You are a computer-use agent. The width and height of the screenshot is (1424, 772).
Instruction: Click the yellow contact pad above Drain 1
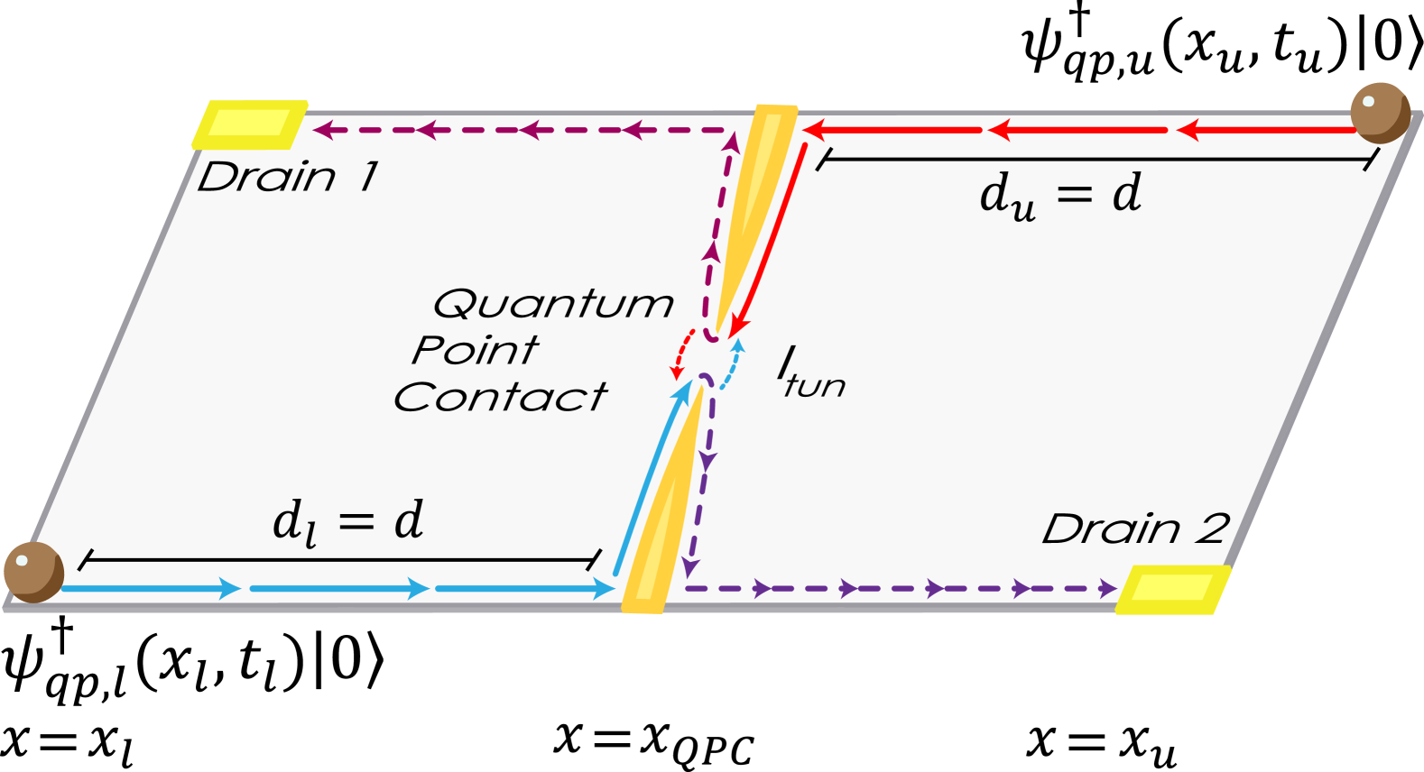[x=250, y=124]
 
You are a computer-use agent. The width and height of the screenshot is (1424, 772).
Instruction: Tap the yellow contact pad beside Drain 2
[x=1172, y=589]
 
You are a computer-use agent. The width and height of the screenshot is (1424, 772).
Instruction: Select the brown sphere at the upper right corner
[x=1380, y=112]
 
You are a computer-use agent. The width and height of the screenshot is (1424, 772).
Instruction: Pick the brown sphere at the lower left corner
[x=33, y=572]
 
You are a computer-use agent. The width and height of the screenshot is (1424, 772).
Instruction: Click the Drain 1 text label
[x=288, y=177]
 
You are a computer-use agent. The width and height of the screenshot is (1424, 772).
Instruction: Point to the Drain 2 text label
[x=1135, y=528]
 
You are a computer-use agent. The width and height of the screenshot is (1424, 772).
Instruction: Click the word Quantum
[x=553, y=304]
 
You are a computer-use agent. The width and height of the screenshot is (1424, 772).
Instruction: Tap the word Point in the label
[x=476, y=350]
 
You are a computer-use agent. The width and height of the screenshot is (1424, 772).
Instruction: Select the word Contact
[x=501, y=397]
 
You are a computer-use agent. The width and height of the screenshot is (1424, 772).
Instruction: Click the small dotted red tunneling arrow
[x=681, y=354]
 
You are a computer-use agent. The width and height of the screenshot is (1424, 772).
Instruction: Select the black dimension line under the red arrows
[x=1096, y=160]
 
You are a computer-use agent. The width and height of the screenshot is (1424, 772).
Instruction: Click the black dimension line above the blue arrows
[x=339, y=559]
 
